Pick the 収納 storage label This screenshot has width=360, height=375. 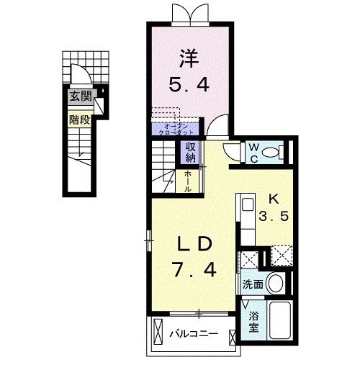(191, 152)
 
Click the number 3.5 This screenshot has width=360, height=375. (274, 217)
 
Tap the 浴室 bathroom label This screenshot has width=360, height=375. (253, 322)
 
